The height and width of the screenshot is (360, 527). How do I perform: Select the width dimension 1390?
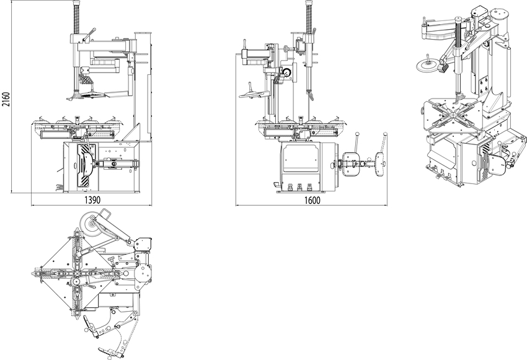pyautogui.click(x=92, y=201)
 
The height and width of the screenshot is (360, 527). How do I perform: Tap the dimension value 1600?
pyautogui.click(x=312, y=201)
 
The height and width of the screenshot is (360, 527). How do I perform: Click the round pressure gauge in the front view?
pyautogui.click(x=287, y=72)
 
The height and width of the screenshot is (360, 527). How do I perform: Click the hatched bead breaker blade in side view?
pyautogui.click(x=84, y=165)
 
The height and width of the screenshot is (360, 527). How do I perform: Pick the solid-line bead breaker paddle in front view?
pyautogui.click(x=351, y=164)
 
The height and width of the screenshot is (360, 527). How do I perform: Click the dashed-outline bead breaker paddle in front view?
pyautogui.click(x=380, y=165)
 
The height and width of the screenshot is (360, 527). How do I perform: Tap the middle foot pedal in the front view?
pyautogui.click(x=299, y=187)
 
